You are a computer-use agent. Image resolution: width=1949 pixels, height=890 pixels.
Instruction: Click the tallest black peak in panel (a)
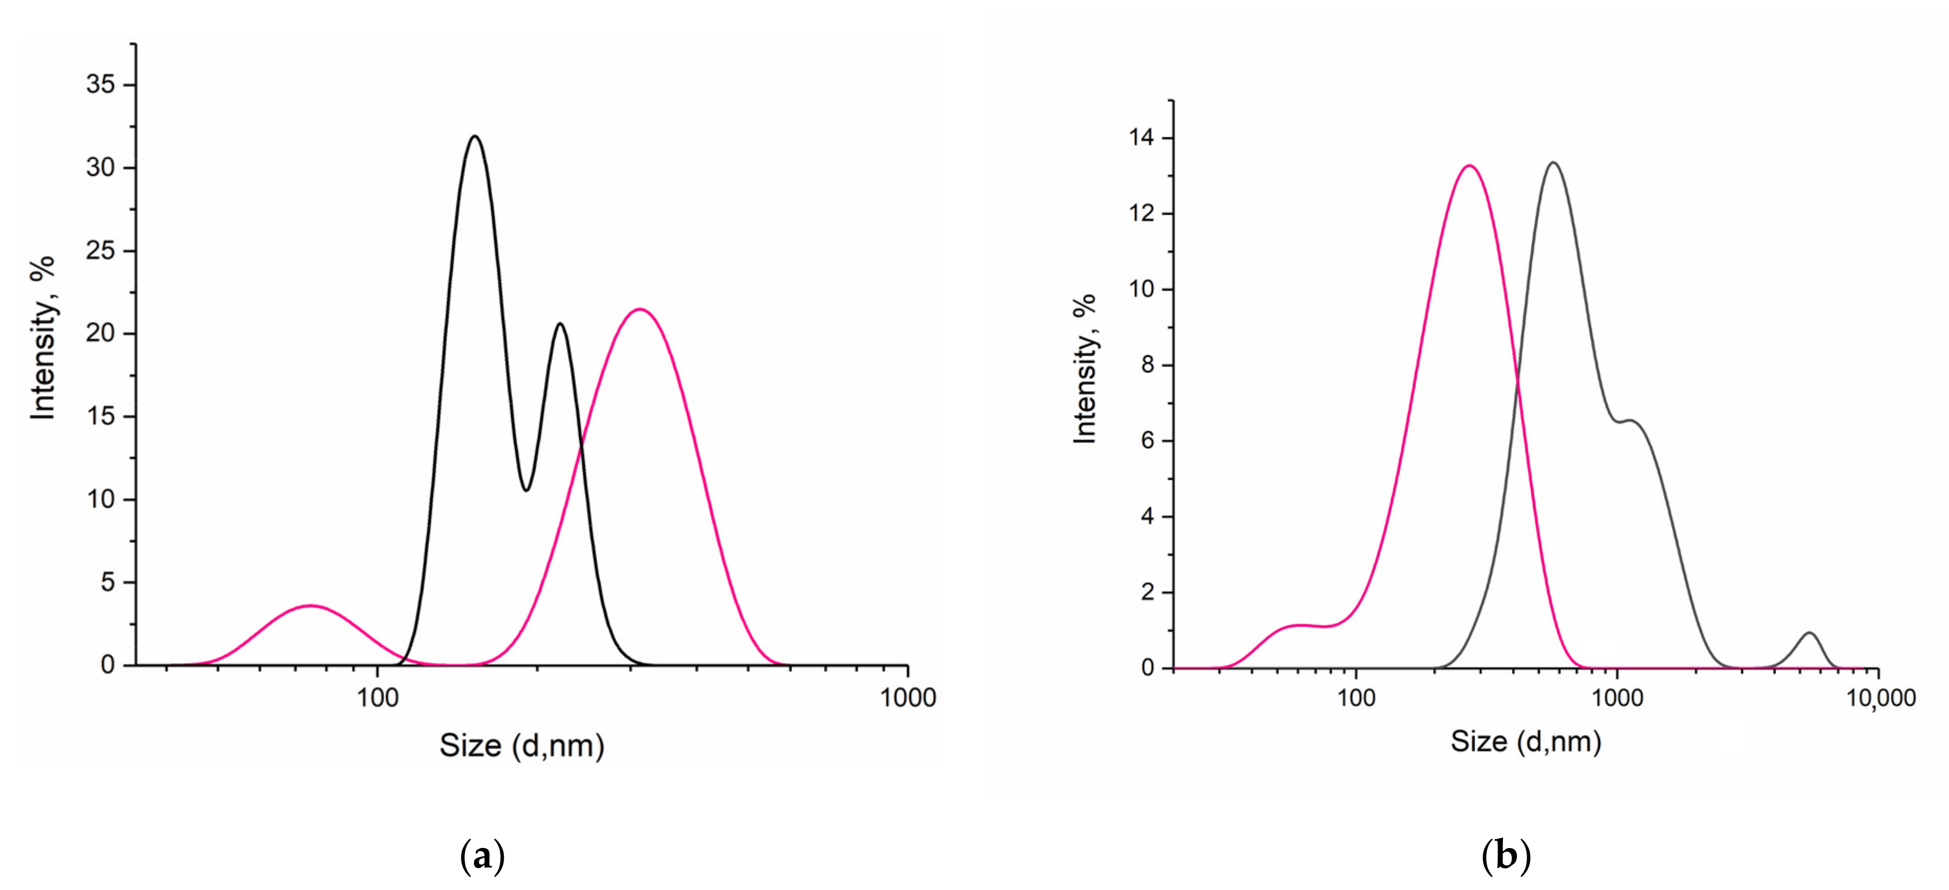pos(475,137)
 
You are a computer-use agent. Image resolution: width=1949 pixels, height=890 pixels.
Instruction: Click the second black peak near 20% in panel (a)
pos(560,324)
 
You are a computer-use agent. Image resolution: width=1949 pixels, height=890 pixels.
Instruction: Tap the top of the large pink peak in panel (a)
pos(640,309)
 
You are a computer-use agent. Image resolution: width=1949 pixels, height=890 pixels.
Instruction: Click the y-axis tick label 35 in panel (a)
pos(101,84)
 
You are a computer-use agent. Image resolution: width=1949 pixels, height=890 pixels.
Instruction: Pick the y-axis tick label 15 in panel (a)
pos(101,416)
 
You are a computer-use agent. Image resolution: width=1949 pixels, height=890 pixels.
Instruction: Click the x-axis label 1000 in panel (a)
pos(907,697)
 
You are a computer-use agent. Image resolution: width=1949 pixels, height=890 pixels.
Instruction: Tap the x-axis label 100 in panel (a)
pos(377,697)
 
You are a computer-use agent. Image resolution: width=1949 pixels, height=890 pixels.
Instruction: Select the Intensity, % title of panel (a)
pos(44,337)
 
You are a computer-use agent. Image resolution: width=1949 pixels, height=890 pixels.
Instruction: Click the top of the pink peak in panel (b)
pos(1469,166)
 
